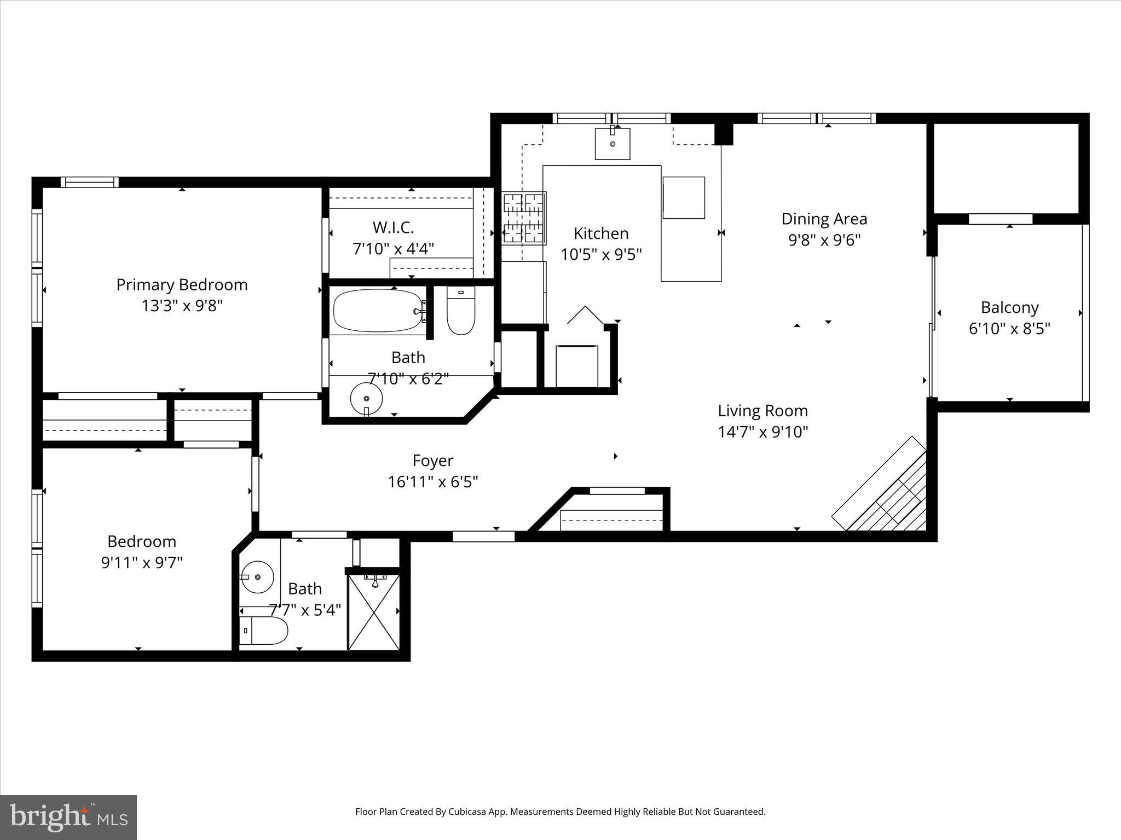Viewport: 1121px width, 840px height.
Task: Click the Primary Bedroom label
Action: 182,285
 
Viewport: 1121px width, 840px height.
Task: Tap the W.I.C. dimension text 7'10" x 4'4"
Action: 393,249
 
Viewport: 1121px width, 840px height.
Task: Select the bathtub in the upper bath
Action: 378,310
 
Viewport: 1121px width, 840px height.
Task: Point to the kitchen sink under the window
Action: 612,144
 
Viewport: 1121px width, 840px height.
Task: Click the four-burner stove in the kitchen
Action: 524,218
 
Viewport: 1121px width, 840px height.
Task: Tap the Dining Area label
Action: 824,219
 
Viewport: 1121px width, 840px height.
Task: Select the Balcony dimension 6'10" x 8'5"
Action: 1009,329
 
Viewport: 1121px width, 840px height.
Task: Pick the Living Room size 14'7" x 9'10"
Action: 762,432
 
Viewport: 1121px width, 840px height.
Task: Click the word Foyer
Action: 432,461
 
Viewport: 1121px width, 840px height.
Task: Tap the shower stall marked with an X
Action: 374,611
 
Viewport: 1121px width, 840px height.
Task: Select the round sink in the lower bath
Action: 257,577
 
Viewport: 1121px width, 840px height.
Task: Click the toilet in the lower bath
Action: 264,631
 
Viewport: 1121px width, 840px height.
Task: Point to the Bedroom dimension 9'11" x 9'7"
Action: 141,563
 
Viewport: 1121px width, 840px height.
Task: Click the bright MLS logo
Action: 68,817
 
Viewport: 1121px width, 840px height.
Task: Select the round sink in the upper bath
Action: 366,399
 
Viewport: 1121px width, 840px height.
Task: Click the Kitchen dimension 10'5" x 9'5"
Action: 600,255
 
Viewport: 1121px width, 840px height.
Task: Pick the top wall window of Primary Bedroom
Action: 89,182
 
